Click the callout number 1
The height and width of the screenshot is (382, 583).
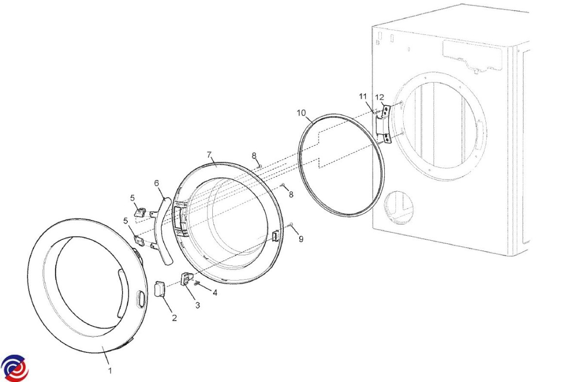coord(110,371)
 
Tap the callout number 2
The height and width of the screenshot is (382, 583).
coord(174,318)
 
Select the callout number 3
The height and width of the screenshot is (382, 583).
coord(198,305)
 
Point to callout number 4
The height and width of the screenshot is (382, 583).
coord(215,293)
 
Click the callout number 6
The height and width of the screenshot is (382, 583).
coord(156,183)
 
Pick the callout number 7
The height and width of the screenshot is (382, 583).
coord(209,155)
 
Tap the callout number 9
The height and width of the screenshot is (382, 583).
coord(301,239)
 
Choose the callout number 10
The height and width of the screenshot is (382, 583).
coord(301,113)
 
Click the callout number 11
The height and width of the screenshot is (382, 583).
coord(363,97)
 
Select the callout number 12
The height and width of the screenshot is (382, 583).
coord(380,98)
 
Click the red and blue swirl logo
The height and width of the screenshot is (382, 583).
coord(15,368)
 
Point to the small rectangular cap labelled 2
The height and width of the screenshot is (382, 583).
coord(160,288)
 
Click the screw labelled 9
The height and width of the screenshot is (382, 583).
coord(291,224)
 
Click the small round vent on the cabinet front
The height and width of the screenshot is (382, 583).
coord(399,208)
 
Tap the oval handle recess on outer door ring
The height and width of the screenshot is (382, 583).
coord(140,299)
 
